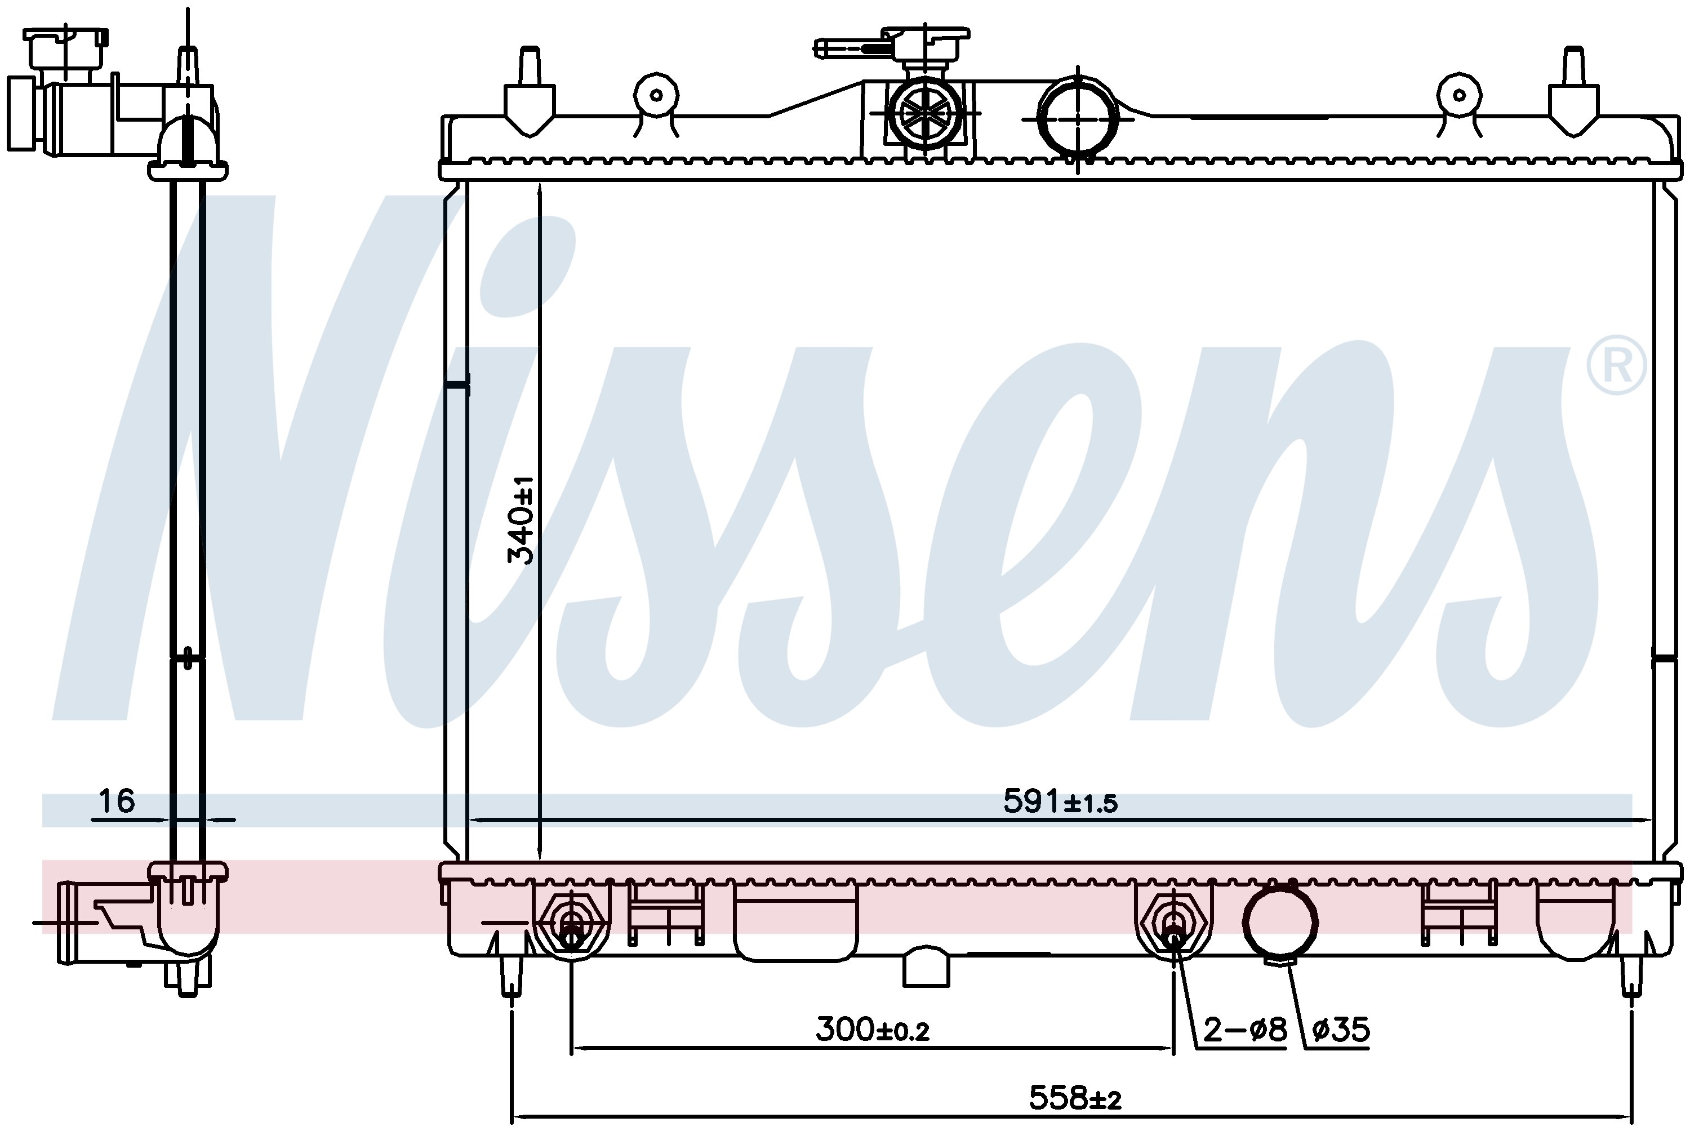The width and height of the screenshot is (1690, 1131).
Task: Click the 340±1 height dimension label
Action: pos(520,519)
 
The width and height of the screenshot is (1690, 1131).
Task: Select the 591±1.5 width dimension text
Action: pos(1060,802)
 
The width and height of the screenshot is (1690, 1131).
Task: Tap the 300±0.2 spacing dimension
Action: pos(873,1029)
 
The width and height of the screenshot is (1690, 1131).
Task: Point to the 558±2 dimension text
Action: pos(1075,1098)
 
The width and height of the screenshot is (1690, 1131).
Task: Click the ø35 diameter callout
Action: pos(1341,1029)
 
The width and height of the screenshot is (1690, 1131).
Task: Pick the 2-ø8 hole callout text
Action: pos(1245,1029)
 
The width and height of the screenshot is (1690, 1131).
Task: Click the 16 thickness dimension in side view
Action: pos(116,800)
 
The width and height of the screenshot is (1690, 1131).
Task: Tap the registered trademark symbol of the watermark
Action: pos(1616,366)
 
